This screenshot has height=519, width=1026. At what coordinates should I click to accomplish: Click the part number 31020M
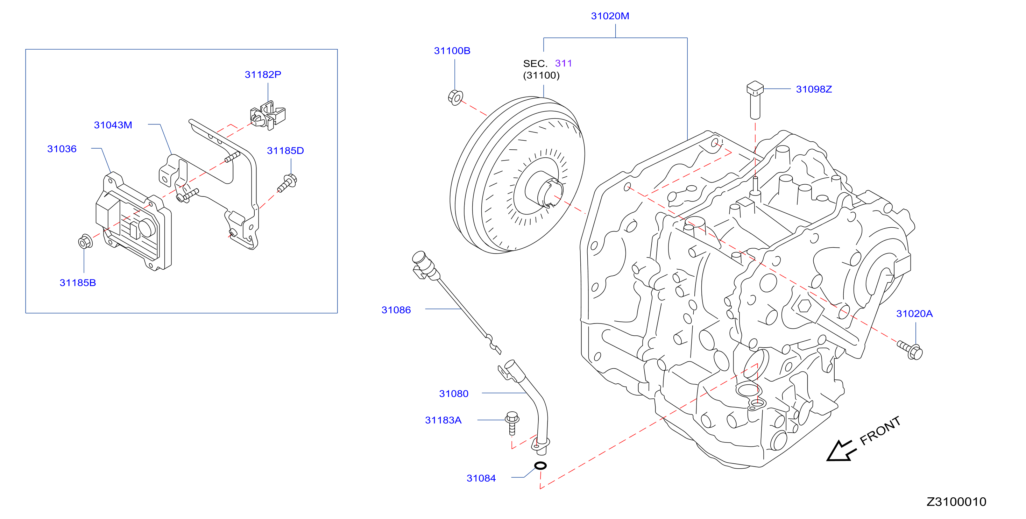pyautogui.click(x=610, y=16)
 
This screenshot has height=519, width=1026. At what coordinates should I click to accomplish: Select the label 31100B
pyautogui.click(x=452, y=51)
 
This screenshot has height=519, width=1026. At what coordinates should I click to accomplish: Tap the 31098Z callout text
pyautogui.click(x=814, y=89)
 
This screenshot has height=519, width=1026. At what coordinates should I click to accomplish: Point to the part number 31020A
pyautogui.click(x=914, y=313)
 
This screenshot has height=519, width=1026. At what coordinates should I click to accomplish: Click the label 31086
pyautogui.click(x=396, y=310)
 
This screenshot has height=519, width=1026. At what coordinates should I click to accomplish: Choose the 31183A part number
pyautogui.click(x=443, y=420)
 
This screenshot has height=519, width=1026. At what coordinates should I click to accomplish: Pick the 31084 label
pyautogui.click(x=481, y=478)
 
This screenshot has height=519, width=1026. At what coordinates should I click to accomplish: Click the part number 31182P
pyautogui.click(x=263, y=74)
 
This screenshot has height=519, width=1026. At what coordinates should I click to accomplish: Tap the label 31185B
pyautogui.click(x=78, y=283)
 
